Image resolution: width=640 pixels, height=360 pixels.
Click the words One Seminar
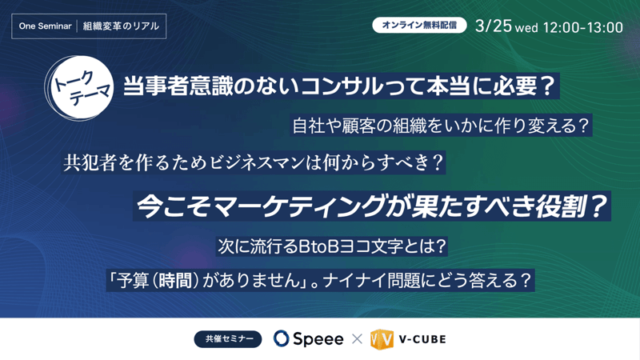click(x=45, y=26)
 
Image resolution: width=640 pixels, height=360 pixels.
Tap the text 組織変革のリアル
click(x=121, y=26)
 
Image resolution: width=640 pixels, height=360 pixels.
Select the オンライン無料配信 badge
click(x=418, y=25)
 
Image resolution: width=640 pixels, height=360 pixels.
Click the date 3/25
click(x=493, y=26)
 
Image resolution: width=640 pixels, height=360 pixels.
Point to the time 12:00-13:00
click(x=582, y=27)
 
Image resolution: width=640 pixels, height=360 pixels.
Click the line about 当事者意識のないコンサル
click(x=339, y=86)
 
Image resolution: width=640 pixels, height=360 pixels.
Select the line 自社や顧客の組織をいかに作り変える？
click(x=441, y=126)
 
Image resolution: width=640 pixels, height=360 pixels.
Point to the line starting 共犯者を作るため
click(x=254, y=163)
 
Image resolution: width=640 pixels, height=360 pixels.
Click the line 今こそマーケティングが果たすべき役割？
click(x=372, y=206)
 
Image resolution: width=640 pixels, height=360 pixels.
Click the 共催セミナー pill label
click(x=228, y=339)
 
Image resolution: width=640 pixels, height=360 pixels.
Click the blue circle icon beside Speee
click(x=282, y=339)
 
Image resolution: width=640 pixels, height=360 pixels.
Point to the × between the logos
click(x=357, y=339)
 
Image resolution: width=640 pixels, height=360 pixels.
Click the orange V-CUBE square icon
click(x=382, y=339)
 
